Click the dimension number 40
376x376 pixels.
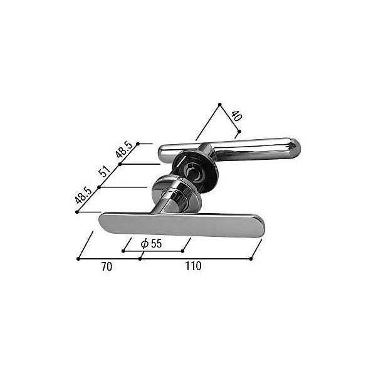236,116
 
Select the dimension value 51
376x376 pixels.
105,172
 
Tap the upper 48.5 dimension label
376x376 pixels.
123,151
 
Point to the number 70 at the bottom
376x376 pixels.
107,266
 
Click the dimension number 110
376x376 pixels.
193,266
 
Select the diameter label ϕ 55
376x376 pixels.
151,244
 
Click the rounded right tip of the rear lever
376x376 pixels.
295,149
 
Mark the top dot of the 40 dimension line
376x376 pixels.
219,104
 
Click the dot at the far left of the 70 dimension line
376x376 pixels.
78,259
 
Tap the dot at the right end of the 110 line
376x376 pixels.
251,259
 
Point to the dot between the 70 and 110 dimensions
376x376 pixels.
139,259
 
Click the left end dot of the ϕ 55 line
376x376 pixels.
123,251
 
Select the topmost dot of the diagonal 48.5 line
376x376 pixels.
138,144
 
